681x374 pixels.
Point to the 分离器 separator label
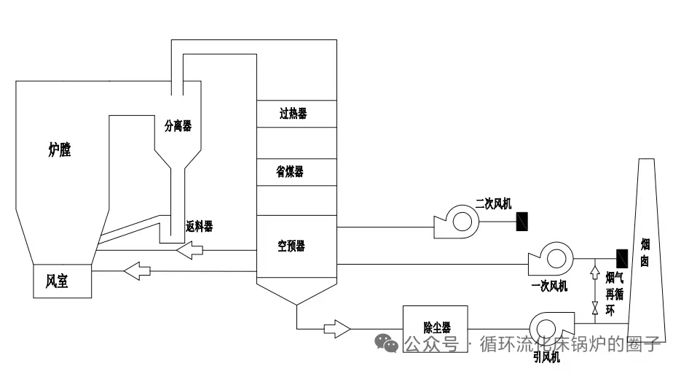point(178,126)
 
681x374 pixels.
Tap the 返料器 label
point(199,227)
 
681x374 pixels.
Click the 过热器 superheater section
point(293,114)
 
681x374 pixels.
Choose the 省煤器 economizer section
point(290,171)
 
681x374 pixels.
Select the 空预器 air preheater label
point(291,246)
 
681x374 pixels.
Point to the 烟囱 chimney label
point(645,252)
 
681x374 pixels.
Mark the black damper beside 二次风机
point(522,221)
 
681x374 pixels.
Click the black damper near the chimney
point(622,257)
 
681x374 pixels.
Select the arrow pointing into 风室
point(137,272)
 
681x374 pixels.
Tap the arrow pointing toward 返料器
point(190,252)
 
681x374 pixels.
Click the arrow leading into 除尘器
point(336,328)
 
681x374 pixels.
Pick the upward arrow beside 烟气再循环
point(596,276)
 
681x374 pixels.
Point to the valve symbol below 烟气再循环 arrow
point(596,310)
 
